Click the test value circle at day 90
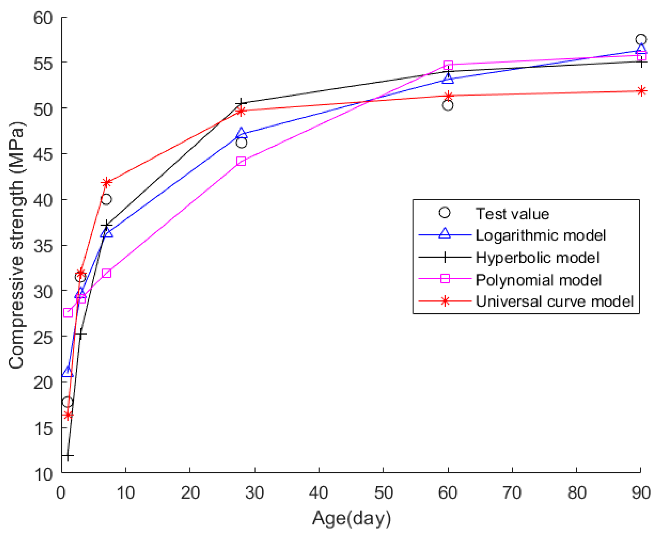pos(641,40)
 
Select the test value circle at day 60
pos(448,105)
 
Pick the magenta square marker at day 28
pos(241,161)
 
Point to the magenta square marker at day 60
pos(448,65)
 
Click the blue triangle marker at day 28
pos(241,133)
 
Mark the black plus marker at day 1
pos(68,455)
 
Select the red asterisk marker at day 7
pos(107,182)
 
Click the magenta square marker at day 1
pos(68,313)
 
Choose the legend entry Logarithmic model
pos(540,235)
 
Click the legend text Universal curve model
pos(554,301)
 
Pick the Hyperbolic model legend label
pos(537,257)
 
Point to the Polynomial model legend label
pos(538,280)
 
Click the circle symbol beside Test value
pos(444,213)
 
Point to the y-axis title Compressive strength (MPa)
pos(16,245)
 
